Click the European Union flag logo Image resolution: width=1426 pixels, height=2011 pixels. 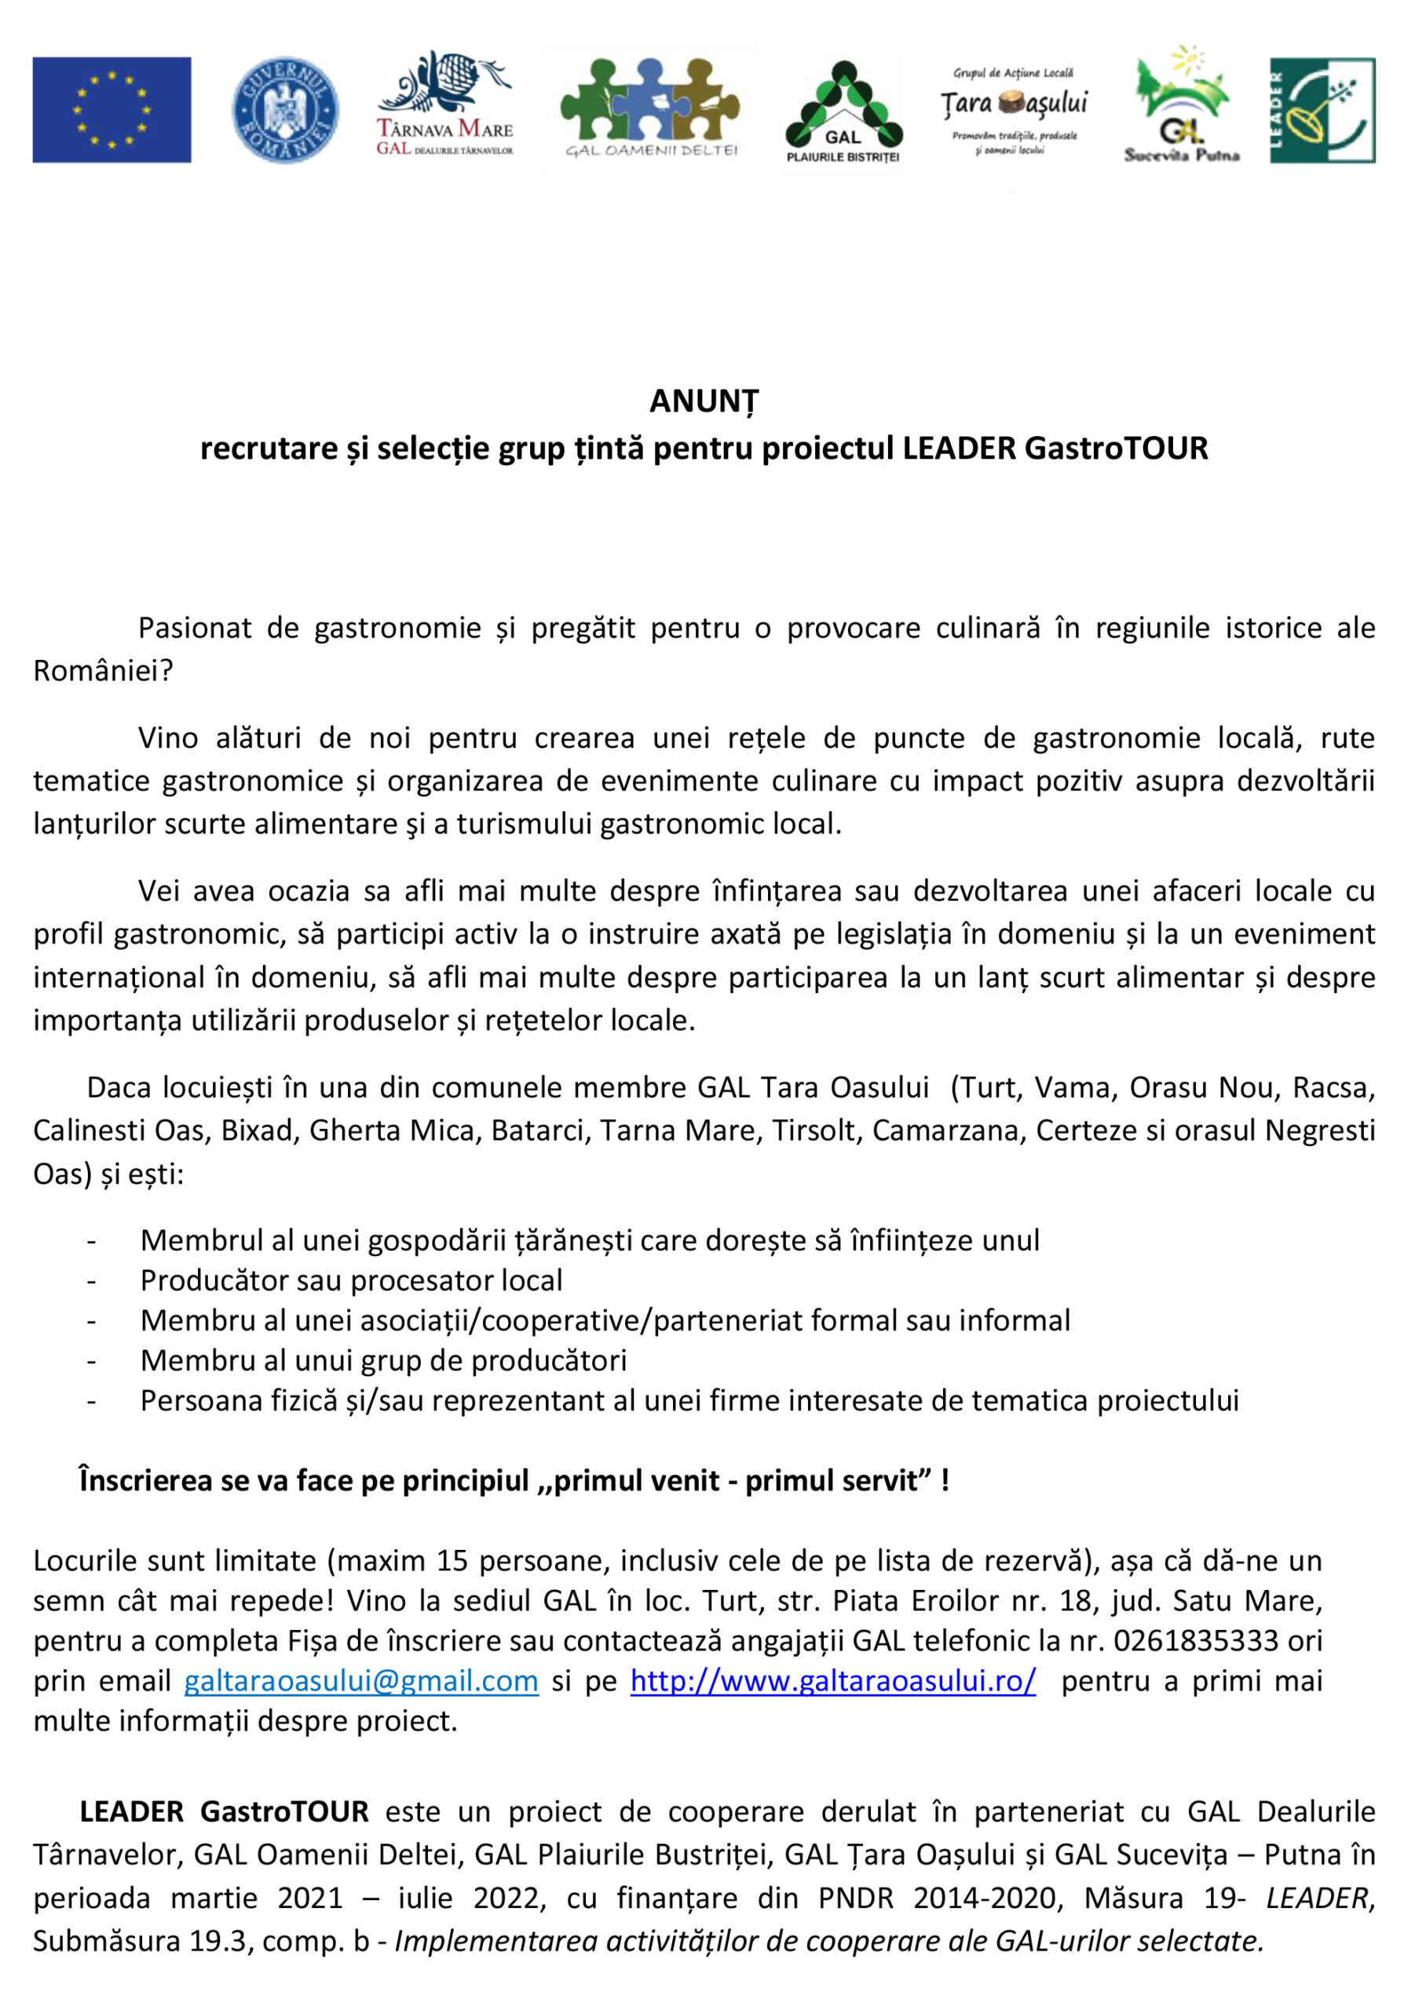112,110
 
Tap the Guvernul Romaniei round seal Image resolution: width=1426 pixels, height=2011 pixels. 284,110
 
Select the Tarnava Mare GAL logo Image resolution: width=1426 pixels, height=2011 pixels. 444,105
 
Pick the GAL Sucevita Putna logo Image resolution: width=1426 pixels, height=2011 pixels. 1182,105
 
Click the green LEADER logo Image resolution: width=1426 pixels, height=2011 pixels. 1322,111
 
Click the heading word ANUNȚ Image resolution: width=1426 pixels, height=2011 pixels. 704,401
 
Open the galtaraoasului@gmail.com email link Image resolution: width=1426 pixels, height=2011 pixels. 361,1680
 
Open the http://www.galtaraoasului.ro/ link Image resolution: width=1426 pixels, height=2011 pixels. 832,1680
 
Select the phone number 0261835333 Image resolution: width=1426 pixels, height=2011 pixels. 1196,1639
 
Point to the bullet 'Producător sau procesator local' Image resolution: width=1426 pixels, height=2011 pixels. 351,1280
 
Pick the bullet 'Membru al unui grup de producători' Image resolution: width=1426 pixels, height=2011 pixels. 384,1361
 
